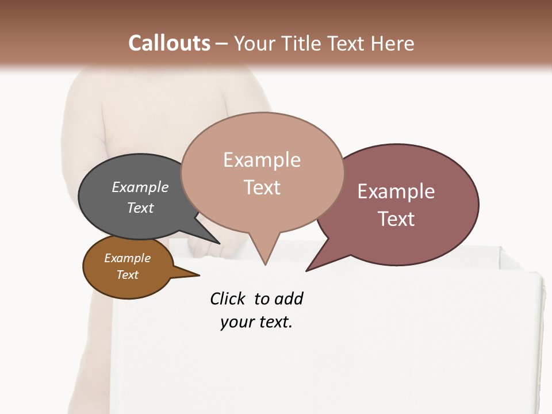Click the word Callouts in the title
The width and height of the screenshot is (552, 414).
(x=169, y=43)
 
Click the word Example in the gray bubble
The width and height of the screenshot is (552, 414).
(x=140, y=187)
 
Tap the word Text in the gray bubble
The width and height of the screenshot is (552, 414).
(x=140, y=208)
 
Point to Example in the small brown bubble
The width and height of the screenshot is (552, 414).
(x=127, y=258)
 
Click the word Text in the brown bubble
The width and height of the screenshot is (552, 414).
(x=127, y=275)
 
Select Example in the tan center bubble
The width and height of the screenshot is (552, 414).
(x=262, y=160)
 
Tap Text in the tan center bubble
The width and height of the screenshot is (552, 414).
(x=262, y=187)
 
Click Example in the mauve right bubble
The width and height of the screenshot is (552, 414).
(x=396, y=191)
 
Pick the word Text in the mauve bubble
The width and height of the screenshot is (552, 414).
(x=396, y=219)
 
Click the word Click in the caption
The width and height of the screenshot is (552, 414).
(x=227, y=298)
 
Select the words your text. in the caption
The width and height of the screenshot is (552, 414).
(x=256, y=322)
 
